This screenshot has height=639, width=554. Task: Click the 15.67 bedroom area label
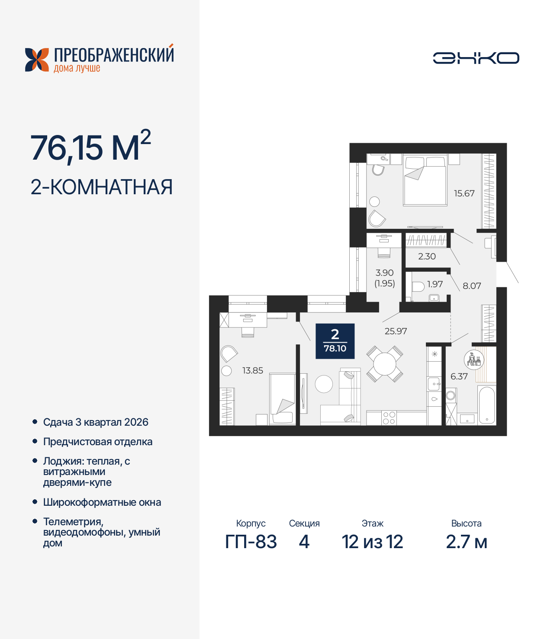pos(464,193)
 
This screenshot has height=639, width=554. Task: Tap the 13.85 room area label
pos(252,370)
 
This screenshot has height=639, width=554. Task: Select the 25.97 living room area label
pos(396,331)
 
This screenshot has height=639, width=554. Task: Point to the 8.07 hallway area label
pos(472,286)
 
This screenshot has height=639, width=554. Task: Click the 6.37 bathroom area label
pos(459,376)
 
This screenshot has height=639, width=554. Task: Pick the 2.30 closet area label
pos(427,256)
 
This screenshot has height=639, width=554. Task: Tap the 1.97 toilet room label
pos(435,284)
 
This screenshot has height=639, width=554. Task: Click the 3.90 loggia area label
pos(384,273)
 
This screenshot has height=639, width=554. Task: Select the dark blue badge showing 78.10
pos(335,341)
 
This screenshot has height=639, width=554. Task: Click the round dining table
pos(384,364)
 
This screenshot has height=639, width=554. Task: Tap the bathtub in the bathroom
pos(487,405)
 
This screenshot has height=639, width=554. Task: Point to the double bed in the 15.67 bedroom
pos(425,182)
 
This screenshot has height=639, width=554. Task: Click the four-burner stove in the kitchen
pos(389,418)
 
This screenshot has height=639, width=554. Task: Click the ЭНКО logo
pos(476,58)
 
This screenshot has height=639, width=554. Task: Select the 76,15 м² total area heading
pos(90,147)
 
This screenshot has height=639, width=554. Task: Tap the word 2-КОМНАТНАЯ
pos(102,187)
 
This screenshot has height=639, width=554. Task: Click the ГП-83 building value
pos(251,542)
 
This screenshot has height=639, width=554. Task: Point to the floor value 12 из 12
pos(372,542)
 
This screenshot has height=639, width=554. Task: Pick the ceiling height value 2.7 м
pos(466,542)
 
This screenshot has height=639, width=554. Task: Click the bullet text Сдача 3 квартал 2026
pos(96,422)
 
